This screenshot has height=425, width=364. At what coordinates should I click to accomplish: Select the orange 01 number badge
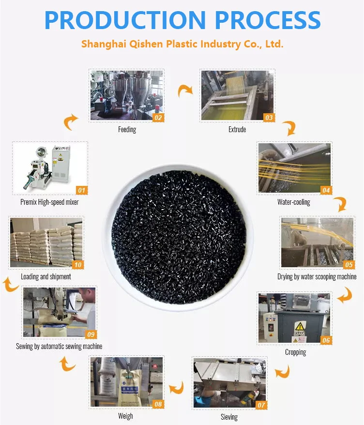[81, 190]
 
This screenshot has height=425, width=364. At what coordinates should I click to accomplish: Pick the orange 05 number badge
[349, 265]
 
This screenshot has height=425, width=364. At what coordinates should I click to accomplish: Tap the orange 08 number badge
[158, 404]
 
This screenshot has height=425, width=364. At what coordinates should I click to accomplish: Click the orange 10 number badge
[77, 265]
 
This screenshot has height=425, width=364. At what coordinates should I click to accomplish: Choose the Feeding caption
[127, 130]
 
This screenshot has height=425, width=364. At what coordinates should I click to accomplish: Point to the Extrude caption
[237, 130]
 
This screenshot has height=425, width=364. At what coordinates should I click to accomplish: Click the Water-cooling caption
[294, 202]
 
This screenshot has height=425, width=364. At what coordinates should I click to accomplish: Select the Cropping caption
[295, 352]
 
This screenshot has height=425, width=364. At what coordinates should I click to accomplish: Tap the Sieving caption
[228, 417]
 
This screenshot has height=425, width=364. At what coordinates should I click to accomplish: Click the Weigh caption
[125, 416]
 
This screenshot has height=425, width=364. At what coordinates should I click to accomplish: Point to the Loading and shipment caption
[46, 276]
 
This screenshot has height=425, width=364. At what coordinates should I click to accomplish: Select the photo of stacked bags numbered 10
[45, 243]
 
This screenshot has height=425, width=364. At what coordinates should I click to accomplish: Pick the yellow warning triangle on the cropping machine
[300, 326]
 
